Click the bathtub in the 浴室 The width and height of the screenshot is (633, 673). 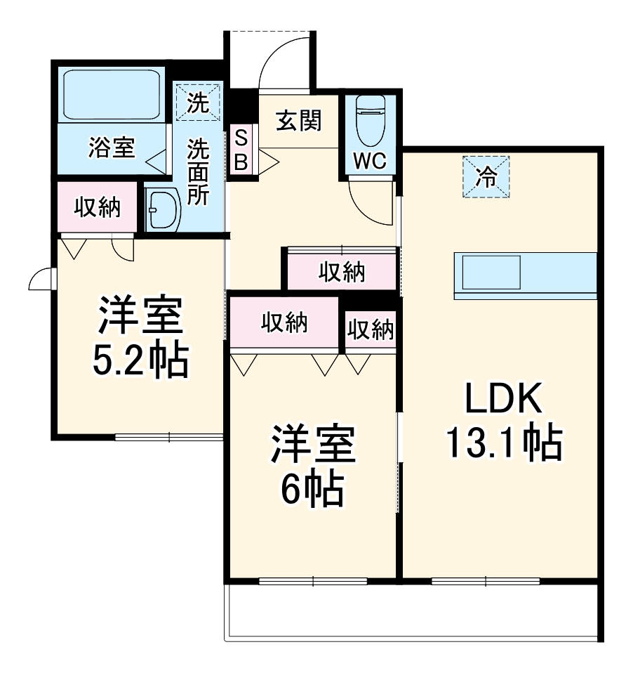(x=112, y=94)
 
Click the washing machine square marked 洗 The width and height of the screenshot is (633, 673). (x=198, y=103)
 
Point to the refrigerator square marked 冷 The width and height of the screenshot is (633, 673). (x=486, y=177)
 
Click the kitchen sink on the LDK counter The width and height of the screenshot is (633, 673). (x=491, y=273)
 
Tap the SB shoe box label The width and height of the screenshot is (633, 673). (x=241, y=150)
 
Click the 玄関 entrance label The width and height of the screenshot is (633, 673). (x=298, y=121)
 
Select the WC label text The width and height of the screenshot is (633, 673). (x=370, y=161)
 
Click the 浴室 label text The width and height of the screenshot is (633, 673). (x=112, y=148)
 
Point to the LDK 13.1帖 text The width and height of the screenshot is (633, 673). (x=505, y=422)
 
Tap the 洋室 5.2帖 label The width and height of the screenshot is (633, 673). (x=140, y=337)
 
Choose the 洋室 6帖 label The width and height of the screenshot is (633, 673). (x=313, y=465)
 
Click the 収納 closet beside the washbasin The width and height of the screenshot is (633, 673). (x=98, y=207)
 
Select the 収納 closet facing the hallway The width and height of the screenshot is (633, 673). (x=342, y=272)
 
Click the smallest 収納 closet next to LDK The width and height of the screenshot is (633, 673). (x=371, y=329)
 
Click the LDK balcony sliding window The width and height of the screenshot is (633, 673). (x=486, y=582)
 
